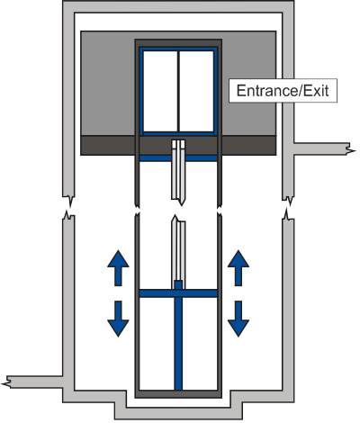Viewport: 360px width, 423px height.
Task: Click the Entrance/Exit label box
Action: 283,91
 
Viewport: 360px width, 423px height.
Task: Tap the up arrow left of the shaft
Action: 118,268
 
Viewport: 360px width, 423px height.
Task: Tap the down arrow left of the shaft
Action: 118,319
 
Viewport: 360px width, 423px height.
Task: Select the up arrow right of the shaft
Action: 238,268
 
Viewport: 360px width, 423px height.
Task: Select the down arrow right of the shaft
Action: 238,319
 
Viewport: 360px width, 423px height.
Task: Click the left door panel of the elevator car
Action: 160,91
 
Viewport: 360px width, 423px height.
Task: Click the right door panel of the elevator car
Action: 196,91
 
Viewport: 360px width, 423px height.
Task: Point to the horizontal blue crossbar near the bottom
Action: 178,293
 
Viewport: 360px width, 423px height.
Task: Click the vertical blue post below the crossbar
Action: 178,344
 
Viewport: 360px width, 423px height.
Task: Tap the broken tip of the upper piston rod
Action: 181,204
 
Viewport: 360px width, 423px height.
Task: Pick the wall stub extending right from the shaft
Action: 322,148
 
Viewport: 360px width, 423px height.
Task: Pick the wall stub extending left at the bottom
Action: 32,382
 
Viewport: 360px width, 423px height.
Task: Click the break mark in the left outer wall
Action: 68,207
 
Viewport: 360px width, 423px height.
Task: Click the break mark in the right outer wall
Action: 288,208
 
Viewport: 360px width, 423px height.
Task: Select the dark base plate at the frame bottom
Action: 178,394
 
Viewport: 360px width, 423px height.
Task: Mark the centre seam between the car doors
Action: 178,91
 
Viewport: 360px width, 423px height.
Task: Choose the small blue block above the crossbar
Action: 178,285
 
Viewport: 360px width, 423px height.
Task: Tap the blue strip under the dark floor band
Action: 178,158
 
